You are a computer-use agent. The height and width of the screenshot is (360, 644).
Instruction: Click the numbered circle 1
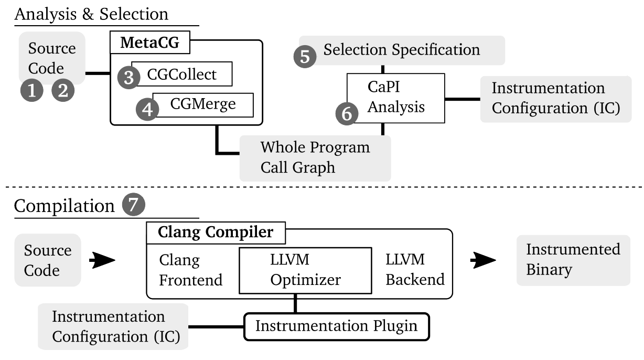(32, 90)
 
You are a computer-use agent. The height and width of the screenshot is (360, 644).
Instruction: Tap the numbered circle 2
(63, 90)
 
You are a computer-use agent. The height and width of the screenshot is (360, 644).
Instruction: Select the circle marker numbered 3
(129, 78)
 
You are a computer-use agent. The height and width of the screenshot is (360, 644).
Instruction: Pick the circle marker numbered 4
(147, 109)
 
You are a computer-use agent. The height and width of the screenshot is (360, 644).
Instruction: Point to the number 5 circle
(305, 56)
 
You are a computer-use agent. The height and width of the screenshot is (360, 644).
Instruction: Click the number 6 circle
(347, 114)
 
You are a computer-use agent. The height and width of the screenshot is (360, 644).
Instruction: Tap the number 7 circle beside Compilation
(134, 204)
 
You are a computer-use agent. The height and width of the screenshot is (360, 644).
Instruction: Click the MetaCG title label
(150, 43)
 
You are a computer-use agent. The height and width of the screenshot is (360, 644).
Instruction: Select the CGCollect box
(182, 74)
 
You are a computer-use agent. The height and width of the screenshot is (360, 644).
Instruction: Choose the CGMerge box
(203, 105)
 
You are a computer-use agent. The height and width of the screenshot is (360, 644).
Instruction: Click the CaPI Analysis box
(396, 98)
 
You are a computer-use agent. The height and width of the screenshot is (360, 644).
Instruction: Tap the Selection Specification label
(402, 50)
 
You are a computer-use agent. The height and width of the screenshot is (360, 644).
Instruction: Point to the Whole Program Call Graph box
(315, 158)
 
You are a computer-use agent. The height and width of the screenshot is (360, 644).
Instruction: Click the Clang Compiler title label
(216, 232)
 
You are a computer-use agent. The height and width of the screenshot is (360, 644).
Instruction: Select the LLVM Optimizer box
(305, 270)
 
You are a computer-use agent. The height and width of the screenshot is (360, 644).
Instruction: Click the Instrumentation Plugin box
(337, 326)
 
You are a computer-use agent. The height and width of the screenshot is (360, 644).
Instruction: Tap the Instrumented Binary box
(573, 260)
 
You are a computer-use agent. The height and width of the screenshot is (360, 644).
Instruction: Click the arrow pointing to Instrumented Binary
(483, 260)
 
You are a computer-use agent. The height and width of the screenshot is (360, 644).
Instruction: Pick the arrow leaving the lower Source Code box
(102, 260)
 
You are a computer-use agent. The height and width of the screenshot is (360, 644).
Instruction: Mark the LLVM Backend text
(415, 269)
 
